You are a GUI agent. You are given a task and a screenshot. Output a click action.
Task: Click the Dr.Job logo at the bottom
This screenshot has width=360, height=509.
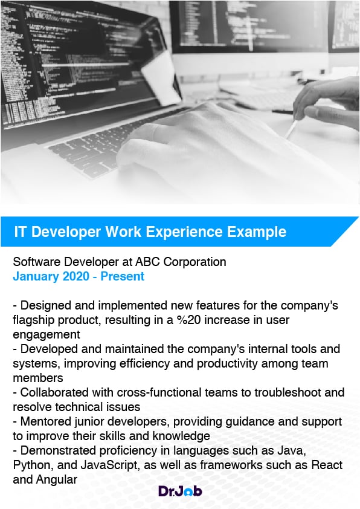click(x=180, y=491)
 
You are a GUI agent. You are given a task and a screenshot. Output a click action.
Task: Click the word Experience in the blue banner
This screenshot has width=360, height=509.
click(x=184, y=232)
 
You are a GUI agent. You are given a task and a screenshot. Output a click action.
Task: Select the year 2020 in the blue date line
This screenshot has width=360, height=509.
click(x=76, y=276)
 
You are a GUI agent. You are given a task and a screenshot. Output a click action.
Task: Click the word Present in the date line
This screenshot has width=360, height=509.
click(x=122, y=276)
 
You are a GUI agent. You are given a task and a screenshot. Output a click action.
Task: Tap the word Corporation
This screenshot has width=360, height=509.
click(x=194, y=262)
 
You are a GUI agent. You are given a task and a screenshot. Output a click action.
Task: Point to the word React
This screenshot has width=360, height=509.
click(x=327, y=465)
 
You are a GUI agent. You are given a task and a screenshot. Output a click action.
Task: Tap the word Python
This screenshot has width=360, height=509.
click(x=33, y=465)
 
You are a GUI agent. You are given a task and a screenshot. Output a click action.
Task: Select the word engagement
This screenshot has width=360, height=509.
click(x=47, y=335)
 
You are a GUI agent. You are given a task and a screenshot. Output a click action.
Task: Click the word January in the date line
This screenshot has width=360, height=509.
click(x=36, y=276)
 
